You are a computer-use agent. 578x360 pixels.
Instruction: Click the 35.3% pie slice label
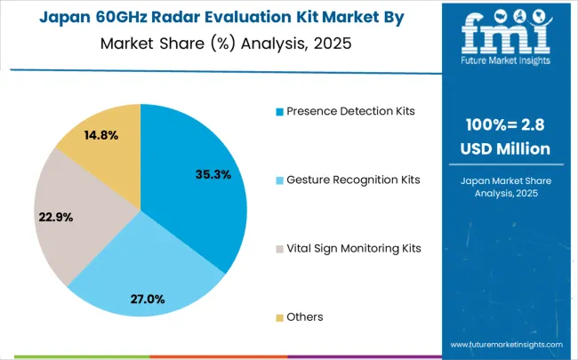[213, 175]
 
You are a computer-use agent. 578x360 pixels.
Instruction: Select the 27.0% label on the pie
[148, 299]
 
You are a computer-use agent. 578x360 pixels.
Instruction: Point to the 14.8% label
[100, 135]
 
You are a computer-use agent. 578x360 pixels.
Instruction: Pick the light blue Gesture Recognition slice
[142, 267]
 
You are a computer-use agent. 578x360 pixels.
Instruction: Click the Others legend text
[305, 316]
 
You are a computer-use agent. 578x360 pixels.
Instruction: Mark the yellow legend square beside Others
[279, 317]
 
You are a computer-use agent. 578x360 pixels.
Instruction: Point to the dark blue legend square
[279, 112]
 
